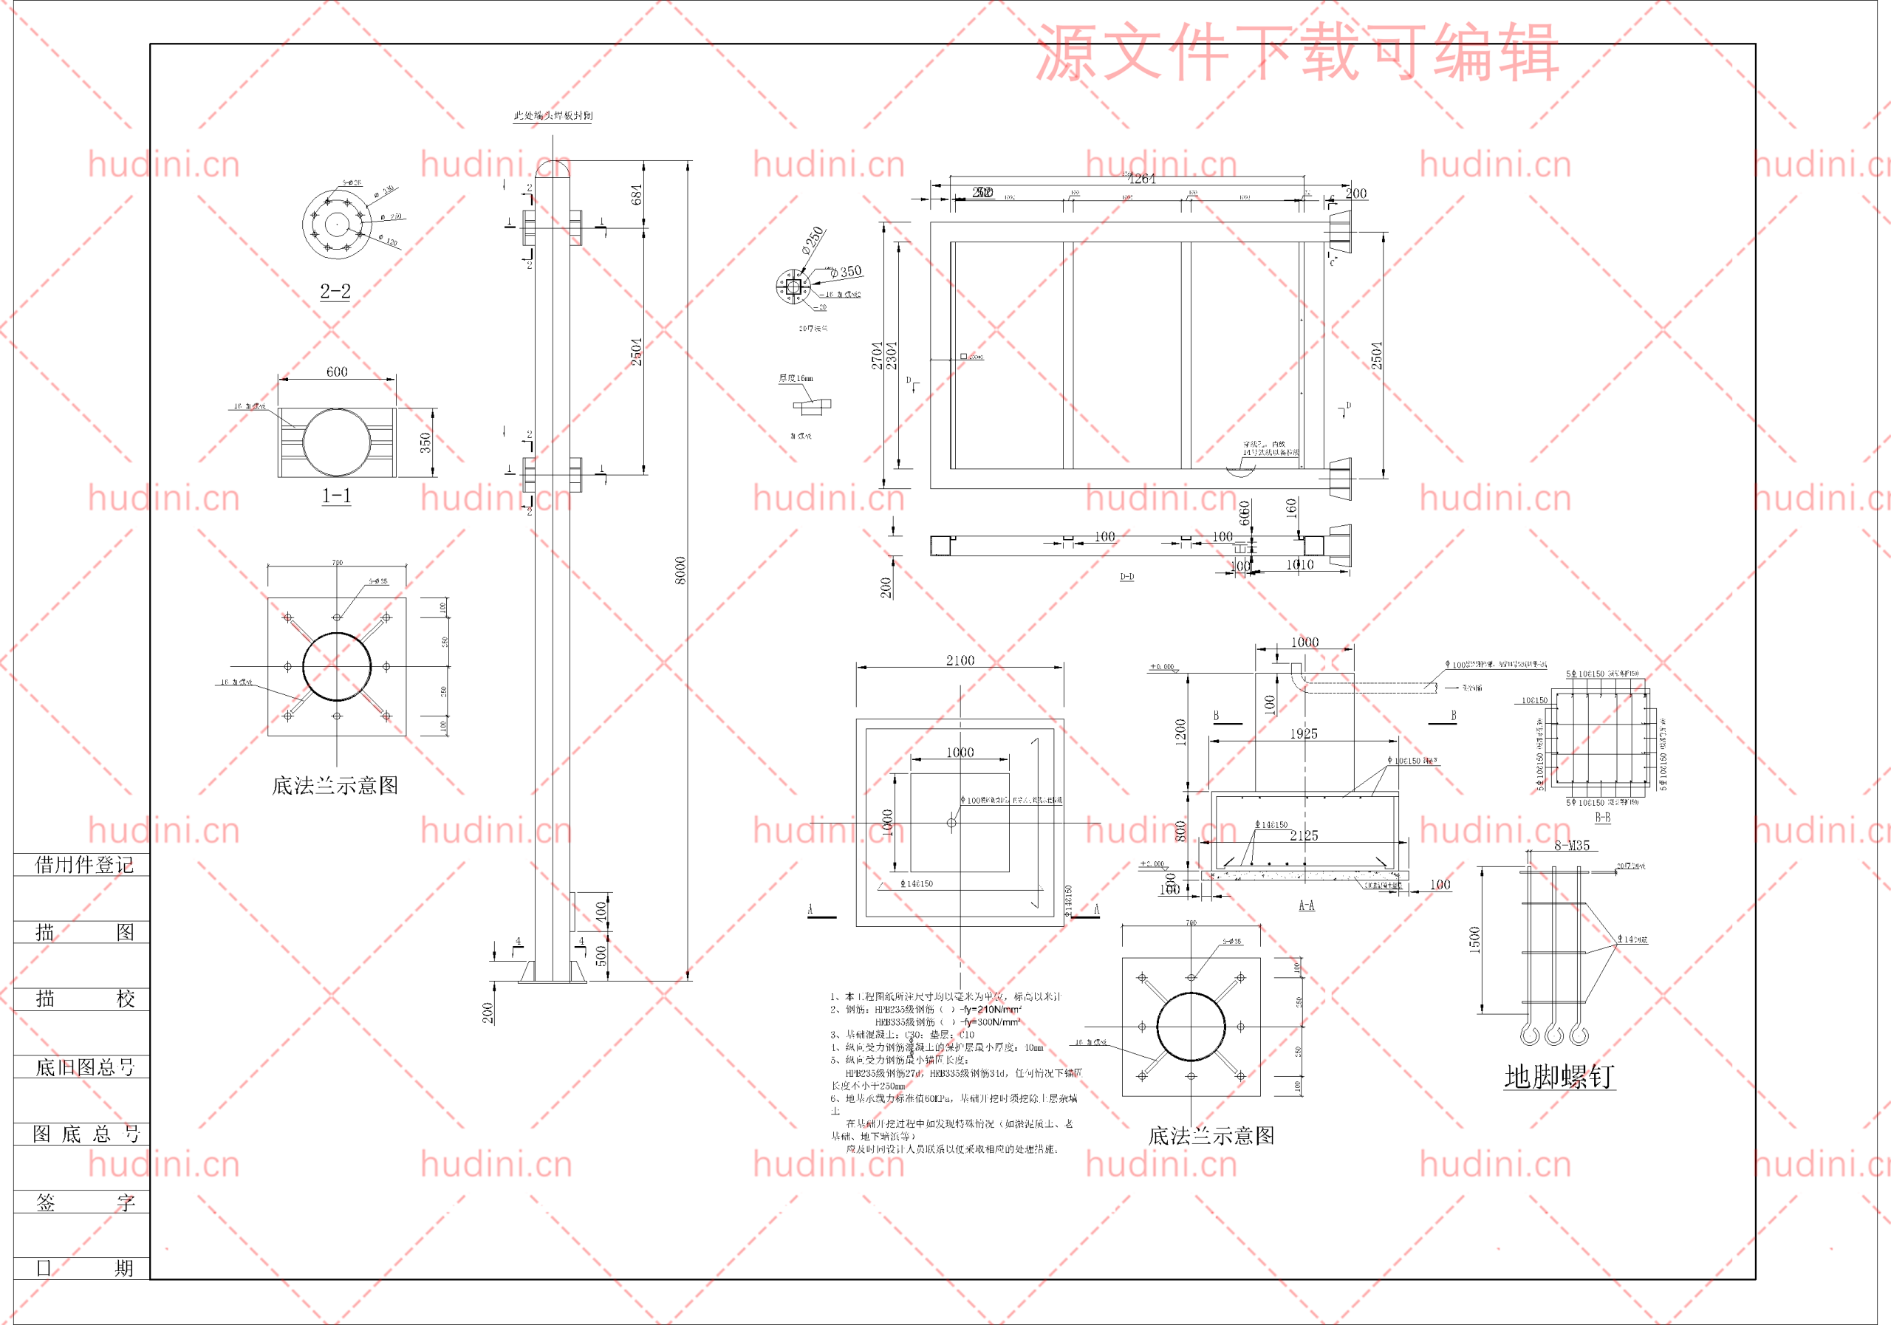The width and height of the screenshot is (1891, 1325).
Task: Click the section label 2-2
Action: (x=335, y=292)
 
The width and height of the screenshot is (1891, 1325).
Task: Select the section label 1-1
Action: (x=336, y=496)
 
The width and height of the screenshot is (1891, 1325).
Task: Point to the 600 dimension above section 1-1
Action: (x=337, y=372)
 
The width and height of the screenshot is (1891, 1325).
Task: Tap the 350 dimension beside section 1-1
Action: (x=425, y=442)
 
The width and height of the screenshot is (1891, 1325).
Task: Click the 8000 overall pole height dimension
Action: (x=680, y=570)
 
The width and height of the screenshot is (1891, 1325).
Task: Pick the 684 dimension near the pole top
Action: (x=636, y=195)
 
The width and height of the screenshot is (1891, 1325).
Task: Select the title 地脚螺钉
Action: (x=1559, y=1076)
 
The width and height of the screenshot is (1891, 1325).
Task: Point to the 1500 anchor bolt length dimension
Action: (x=1474, y=939)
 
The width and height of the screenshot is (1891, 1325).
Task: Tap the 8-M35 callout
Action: (x=1571, y=845)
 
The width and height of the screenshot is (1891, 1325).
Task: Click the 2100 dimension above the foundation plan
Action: (x=960, y=660)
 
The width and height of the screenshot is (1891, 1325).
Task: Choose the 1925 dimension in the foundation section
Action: (x=1304, y=733)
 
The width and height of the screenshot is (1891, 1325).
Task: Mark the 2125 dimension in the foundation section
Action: (x=1304, y=835)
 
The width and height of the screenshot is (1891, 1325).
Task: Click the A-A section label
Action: (x=1306, y=905)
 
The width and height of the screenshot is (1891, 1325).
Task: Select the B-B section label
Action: (x=1602, y=817)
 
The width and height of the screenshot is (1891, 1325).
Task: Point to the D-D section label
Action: (x=1126, y=576)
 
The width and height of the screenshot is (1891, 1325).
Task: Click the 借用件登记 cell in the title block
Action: (x=83, y=864)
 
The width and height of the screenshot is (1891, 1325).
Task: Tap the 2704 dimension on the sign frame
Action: (x=877, y=355)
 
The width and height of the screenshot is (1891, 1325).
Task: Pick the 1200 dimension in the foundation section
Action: (x=1180, y=732)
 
